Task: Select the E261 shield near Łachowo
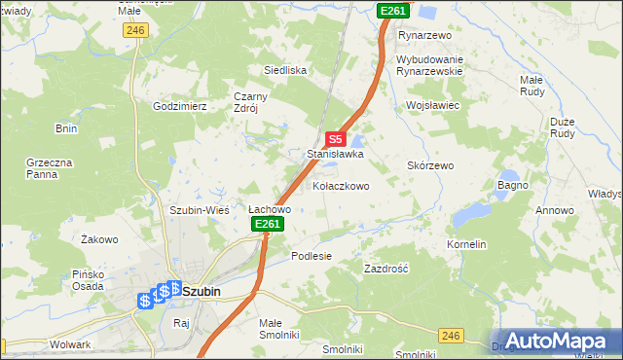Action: (x=268, y=225)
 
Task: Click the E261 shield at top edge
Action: (x=393, y=10)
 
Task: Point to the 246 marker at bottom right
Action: (x=449, y=336)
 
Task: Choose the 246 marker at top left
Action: (x=135, y=31)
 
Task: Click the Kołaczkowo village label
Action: (x=340, y=186)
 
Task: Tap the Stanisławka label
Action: (x=335, y=154)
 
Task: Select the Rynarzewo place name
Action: (x=426, y=35)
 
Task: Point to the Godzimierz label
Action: (x=180, y=106)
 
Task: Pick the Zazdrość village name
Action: (x=385, y=268)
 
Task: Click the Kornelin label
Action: (x=466, y=245)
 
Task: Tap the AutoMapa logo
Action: (x=556, y=341)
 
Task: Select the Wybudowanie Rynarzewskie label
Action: (x=443, y=66)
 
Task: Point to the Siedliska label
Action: (x=286, y=70)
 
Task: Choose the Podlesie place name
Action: (x=311, y=256)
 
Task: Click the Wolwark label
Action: (x=70, y=344)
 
